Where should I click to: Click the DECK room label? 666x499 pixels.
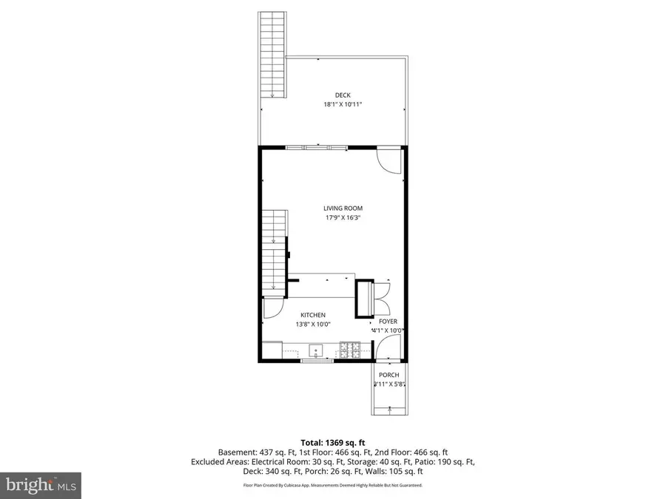click(343, 95)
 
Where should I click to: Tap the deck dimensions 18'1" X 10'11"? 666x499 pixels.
click(343, 105)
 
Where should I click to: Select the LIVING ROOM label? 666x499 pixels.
click(342, 208)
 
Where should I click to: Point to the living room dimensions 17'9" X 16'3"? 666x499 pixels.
click(342, 217)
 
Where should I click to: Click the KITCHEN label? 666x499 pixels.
click(312, 315)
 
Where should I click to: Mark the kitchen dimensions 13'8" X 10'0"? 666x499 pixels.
click(312, 325)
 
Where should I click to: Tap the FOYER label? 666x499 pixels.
click(388, 322)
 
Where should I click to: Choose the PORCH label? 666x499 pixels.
click(388, 375)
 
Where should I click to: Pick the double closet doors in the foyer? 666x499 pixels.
click(383, 296)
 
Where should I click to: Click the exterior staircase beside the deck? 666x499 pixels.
click(272, 55)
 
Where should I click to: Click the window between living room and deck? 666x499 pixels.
click(317, 148)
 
